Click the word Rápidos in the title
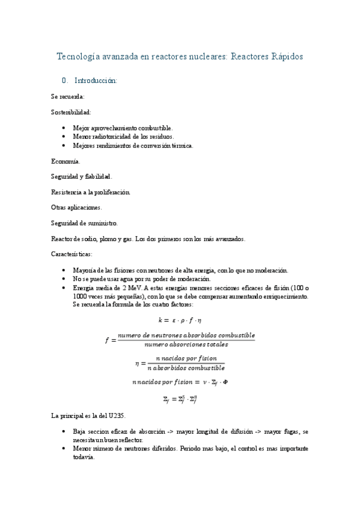282,57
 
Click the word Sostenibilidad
71,111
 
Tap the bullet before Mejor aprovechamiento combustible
64,128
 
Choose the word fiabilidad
98,176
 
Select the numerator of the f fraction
186,335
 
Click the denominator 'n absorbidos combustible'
186,367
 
